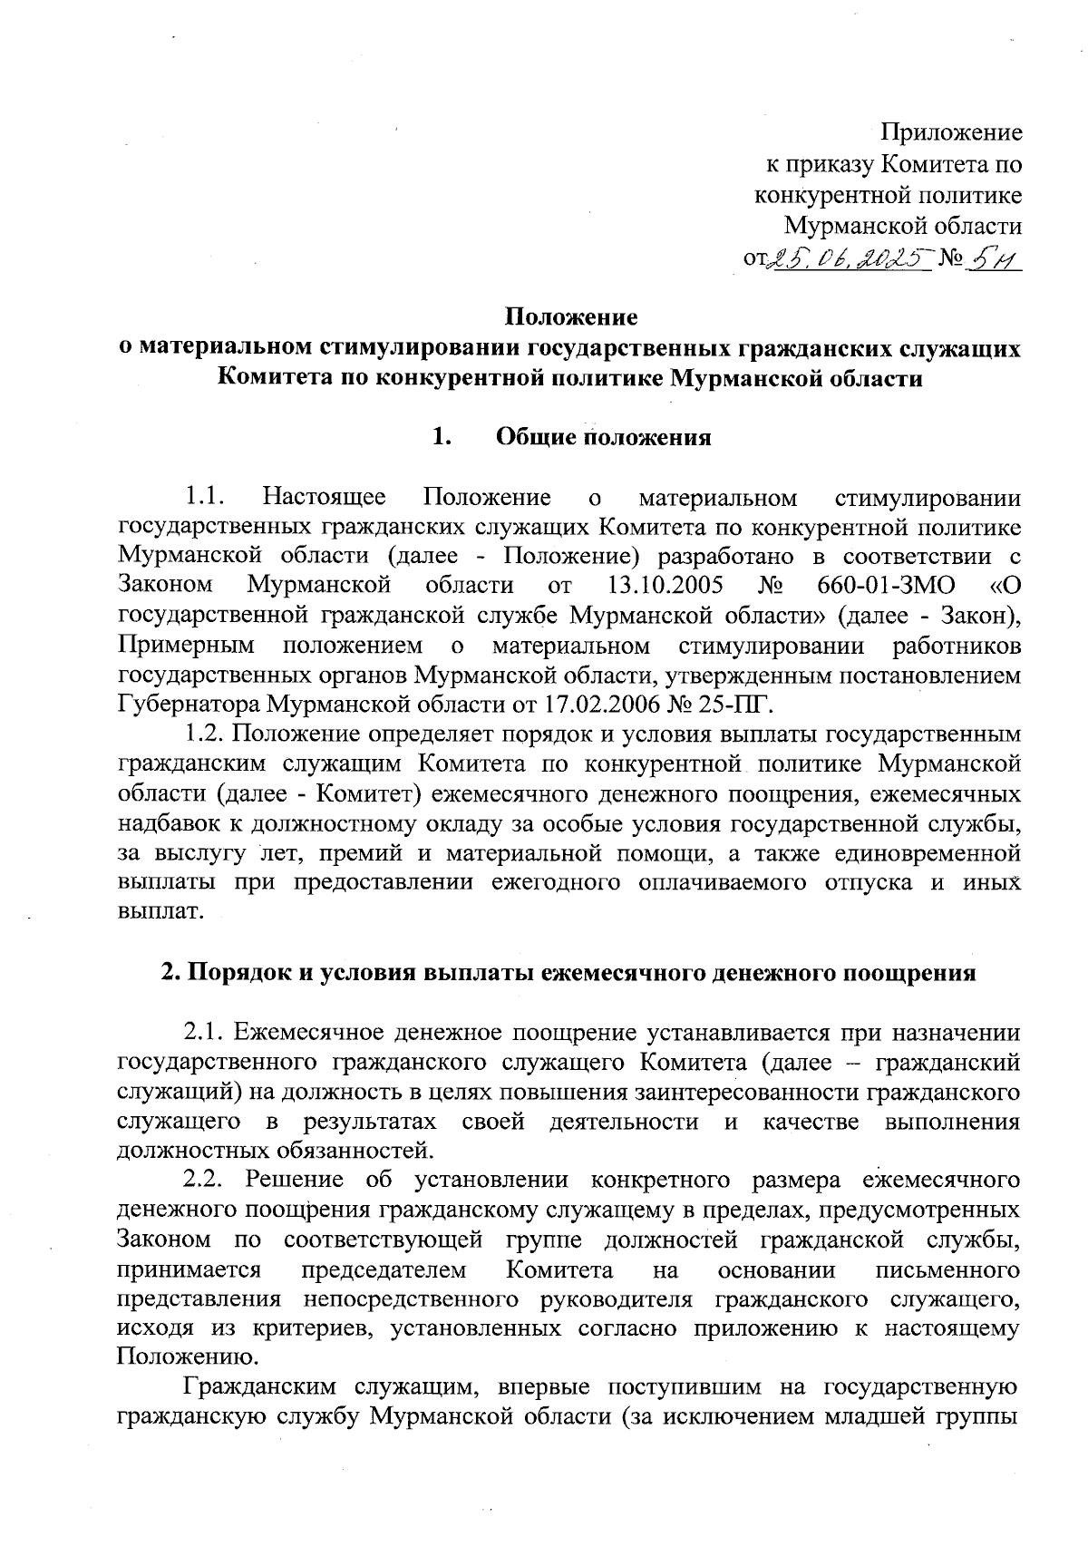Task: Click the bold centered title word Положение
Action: coord(571,318)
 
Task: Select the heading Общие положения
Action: coord(604,438)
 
